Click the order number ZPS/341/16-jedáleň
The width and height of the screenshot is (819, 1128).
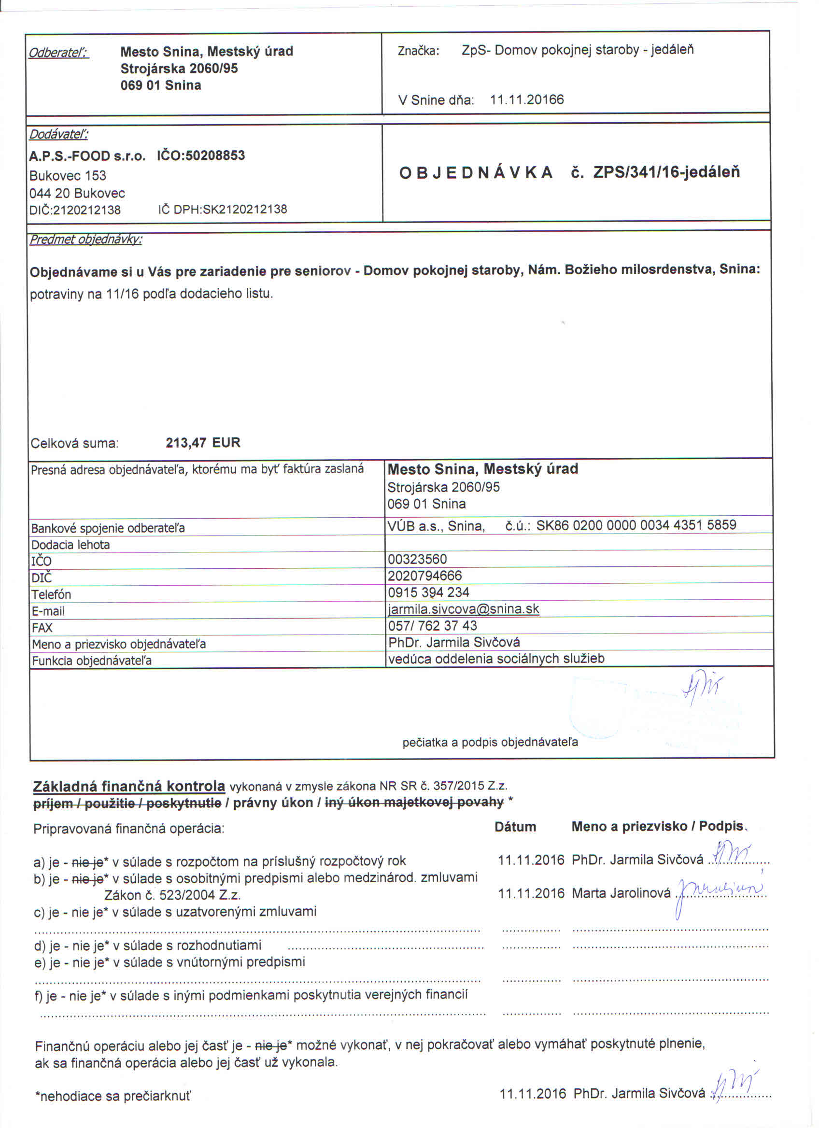(x=666, y=172)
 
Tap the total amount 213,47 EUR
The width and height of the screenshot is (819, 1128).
(x=203, y=442)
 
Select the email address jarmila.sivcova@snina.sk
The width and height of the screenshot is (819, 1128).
(x=463, y=609)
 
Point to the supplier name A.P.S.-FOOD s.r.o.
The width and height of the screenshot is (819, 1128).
(x=87, y=156)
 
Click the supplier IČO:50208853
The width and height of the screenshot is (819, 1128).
(x=201, y=155)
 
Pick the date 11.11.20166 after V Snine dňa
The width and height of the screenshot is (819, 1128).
(x=527, y=99)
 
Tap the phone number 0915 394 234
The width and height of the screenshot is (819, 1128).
(x=428, y=592)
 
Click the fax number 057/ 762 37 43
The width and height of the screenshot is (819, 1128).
(x=432, y=625)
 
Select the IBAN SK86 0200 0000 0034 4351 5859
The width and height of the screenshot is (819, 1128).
(x=636, y=525)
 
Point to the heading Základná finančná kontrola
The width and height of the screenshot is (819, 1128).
(x=129, y=786)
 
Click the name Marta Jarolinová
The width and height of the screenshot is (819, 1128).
(x=621, y=893)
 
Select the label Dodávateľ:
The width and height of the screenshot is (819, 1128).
(x=59, y=134)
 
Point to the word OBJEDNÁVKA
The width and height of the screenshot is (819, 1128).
(x=476, y=172)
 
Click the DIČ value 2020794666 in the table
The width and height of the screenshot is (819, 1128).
(x=424, y=576)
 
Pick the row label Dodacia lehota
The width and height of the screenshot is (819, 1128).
(x=70, y=545)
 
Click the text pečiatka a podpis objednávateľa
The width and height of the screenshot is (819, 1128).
(x=490, y=742)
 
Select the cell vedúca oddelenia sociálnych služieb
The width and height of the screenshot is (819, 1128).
(x=496, y=659)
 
